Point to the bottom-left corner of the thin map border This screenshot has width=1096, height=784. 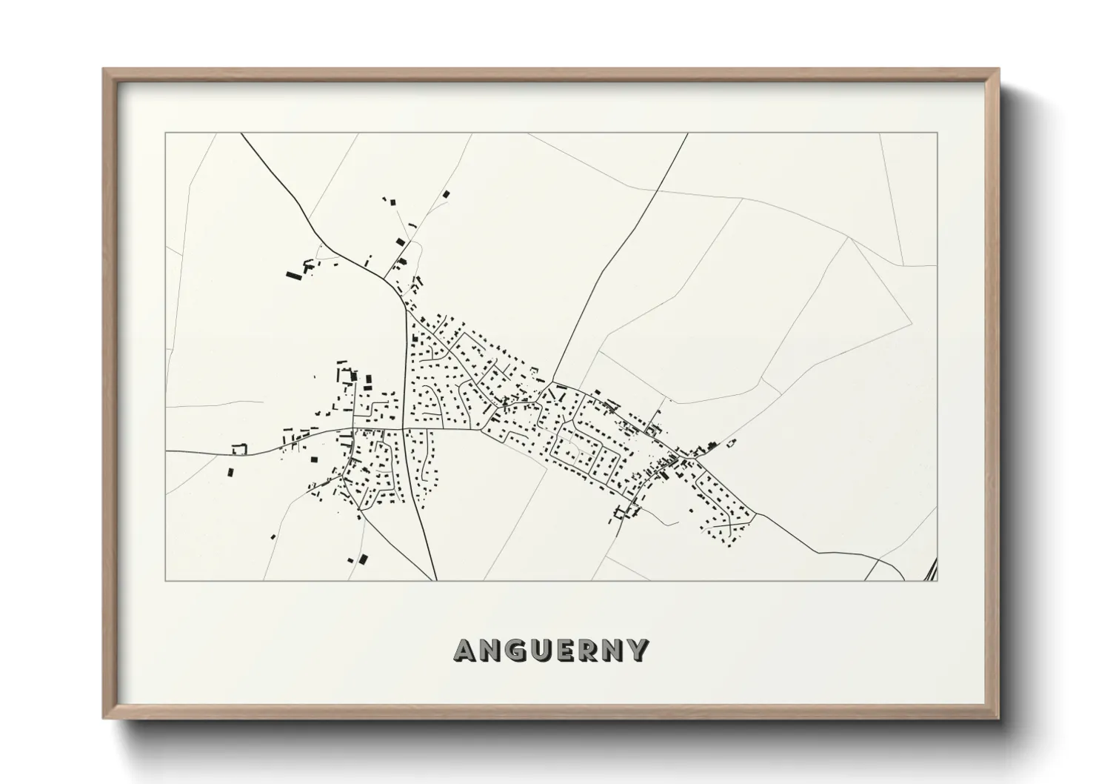(166, 580)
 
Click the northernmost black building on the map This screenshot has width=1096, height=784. (446, 194)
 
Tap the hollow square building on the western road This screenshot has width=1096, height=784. (238, 448)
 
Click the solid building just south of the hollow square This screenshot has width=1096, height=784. (230, 471)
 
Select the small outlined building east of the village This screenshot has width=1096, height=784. (730, 443)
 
